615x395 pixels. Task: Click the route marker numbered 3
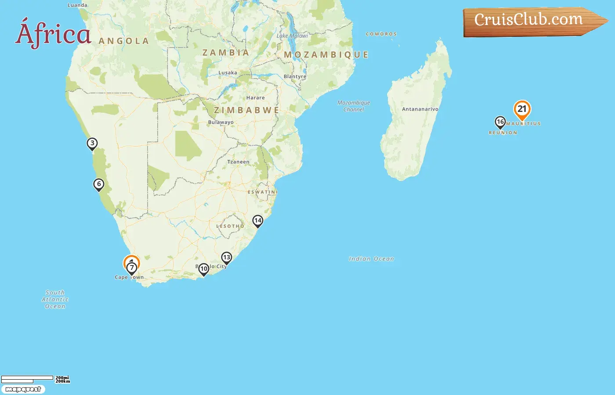(92, 144)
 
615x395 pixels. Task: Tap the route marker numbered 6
(99, 184)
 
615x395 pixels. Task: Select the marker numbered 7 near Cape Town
(132, 268)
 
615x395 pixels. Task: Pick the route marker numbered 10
(203, 269)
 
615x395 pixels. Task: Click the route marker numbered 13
(226, 258)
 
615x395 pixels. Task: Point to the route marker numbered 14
(257, 221)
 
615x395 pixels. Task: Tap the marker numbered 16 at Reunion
(500, 122)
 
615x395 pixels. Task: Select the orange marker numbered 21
(522, 109)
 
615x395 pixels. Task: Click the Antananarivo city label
(420, 109)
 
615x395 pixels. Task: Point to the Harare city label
(255, 98)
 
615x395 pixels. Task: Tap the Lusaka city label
(228, 73)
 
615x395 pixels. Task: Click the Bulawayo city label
(221, 122)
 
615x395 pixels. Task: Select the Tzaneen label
(238, 162)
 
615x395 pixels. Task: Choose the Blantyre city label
(295, 76)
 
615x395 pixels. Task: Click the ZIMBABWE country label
(246, 110)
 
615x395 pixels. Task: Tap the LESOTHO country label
(230, 226)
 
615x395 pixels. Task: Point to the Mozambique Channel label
(354, 106)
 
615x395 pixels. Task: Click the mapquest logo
(23, 389)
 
